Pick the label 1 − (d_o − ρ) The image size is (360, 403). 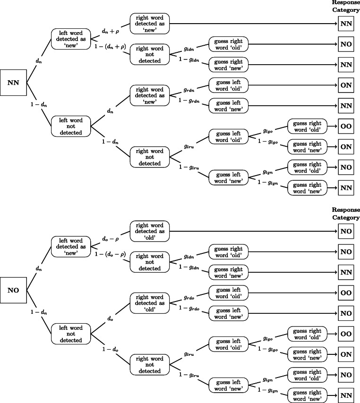[110, 254]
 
